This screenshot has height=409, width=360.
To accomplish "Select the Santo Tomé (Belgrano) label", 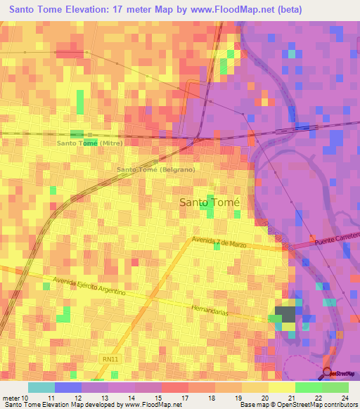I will (155, 170).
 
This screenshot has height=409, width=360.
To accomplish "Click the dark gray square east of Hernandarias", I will (285, 314).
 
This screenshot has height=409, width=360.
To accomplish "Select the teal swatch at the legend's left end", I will (41, 387).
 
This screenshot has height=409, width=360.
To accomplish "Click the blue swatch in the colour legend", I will (68, 387).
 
